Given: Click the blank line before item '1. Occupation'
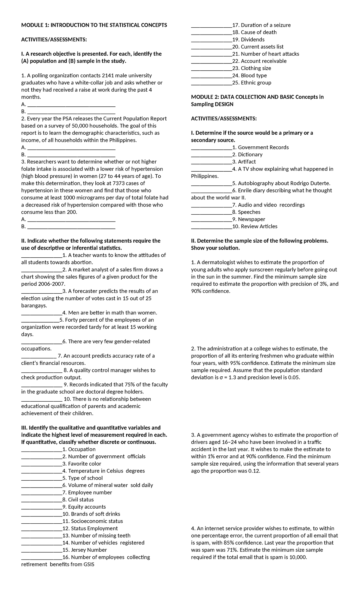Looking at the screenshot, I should point(42,450).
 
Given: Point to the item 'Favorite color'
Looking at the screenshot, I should point(85,464).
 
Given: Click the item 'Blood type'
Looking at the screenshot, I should point(254,75).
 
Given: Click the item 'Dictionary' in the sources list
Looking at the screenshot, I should point(250,155).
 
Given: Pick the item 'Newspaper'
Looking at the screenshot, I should point(251,219).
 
